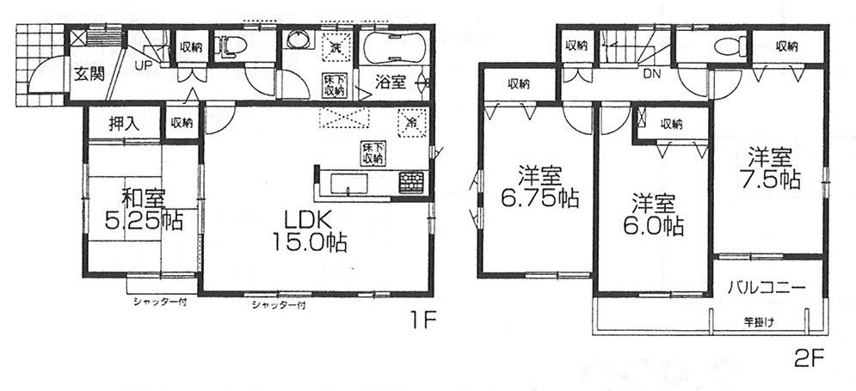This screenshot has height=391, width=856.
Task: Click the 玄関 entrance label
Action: [x=89, y=75]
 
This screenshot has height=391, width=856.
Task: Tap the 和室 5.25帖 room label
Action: [x=144, y=209]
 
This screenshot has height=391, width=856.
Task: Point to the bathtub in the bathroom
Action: [x=395, y=47]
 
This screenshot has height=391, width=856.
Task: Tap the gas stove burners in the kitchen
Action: [x=411, y=180]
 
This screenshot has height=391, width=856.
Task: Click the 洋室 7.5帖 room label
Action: [x=773, y=168]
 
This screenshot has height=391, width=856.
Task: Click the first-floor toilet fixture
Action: [x=231, y=46]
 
